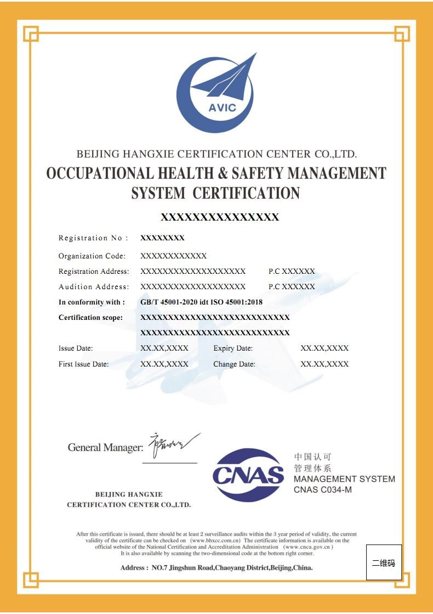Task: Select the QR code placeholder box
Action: point(384,562)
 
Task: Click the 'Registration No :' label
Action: point(93,238)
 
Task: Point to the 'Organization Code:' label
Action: point(92,256)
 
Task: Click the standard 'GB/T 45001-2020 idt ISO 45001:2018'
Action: point(201,302)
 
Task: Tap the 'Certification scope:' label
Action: point(90,318)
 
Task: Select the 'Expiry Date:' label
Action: point(233,348)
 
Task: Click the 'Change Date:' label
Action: point(234,364)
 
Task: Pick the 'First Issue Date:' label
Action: point(83,364)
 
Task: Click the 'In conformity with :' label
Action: point(92,302)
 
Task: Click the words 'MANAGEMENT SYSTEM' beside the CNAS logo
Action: point(344,479)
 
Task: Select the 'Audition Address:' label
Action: point(94,287)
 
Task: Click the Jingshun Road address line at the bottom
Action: point(216,568)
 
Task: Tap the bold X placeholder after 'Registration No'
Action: point(162,238)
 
